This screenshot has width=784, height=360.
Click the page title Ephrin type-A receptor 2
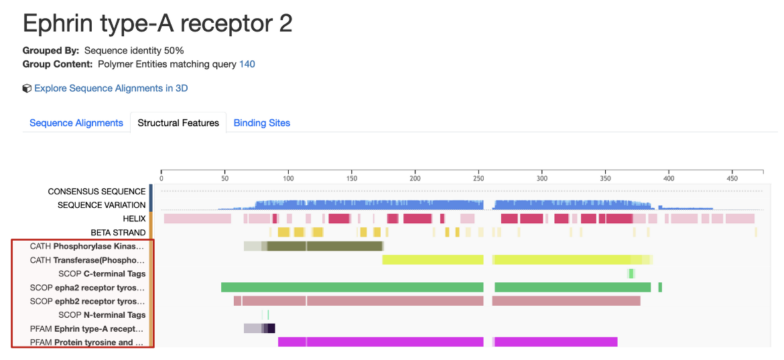[x=157, y=24]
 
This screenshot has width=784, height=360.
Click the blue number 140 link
[x=247, y=64]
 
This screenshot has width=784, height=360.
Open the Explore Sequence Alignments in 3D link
[x=111, y=88]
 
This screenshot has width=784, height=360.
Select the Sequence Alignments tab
[x=76, y=123]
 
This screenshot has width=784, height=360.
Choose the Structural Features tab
[x=178, y=123]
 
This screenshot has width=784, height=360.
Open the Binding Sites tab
[x=262, y=123]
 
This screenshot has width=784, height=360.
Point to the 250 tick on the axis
[x=478, y=179]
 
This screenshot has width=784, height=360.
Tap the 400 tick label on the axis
[x=669, y=179]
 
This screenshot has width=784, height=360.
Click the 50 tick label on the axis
[x=224, y=179]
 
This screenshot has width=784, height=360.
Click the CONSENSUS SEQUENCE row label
[x=96, y=192]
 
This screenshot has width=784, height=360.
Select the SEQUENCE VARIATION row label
[x=101, y=205]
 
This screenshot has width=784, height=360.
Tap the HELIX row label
[x=134, y=219]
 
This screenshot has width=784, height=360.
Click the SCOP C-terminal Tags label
[x=102, y=274]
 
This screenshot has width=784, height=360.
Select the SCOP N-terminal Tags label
[x=102, y=314]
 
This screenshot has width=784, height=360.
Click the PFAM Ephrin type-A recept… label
[x=87, y=328]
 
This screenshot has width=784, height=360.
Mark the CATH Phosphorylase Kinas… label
[x=87, y=246]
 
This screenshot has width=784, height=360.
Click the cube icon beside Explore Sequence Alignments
[x=27, y=88]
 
